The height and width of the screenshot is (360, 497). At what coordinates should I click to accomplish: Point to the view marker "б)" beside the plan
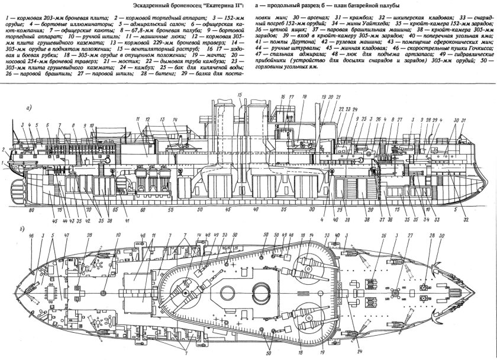(22, 226)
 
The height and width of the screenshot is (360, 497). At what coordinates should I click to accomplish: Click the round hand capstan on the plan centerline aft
(104, 292)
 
